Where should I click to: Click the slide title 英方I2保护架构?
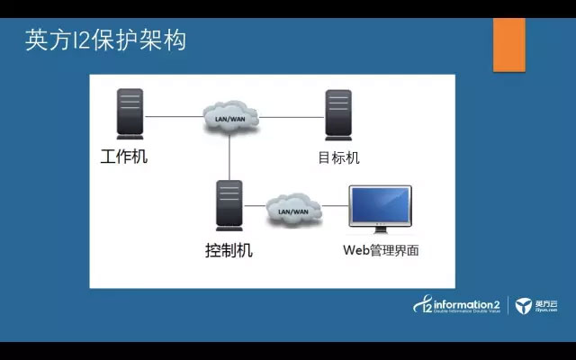[x=106, y=40]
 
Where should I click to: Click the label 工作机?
[x=123, y=157]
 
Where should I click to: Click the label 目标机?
[x=338, y=158]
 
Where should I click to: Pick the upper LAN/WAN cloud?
[x=230, y=117]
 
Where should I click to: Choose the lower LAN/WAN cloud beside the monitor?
[x=293, y=209]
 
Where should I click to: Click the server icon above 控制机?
[x=229, y=206]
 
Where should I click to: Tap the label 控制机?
[x=229, y=249]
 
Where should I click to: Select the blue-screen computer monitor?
[x=380, y=206]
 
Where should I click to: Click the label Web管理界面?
[x=380, y=250]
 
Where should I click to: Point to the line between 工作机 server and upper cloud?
[x=175, y=116]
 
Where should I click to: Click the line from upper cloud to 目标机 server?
[x=292, y=116]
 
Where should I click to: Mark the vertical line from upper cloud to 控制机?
[x=230, y=157]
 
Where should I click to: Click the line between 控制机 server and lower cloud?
[x=256, y=208]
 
